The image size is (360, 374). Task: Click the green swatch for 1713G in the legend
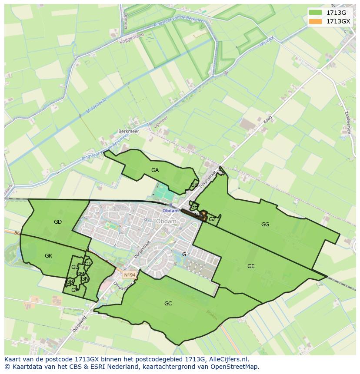coord(316,13)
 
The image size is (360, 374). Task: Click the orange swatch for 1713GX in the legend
coord(316,21)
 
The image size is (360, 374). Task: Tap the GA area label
coord(155,170)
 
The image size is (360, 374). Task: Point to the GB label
coord(194,185)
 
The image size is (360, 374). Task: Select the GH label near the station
coord(194,206)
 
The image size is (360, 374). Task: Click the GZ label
coord(212,219)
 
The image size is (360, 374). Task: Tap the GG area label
coord(265,225)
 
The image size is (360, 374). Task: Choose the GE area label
coord(251,266)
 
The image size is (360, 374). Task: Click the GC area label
coord(168,304)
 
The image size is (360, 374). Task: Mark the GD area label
coord(58,222)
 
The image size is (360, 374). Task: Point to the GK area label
coord(48,256)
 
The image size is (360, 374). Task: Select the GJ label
coord(88,264)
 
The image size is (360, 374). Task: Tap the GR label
coord(70,282)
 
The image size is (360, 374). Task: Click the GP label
coord(75,290)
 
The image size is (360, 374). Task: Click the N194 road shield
coord(129,275)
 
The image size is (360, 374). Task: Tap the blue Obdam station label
coord(170,211)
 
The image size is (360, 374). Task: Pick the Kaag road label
coord(267,119)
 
